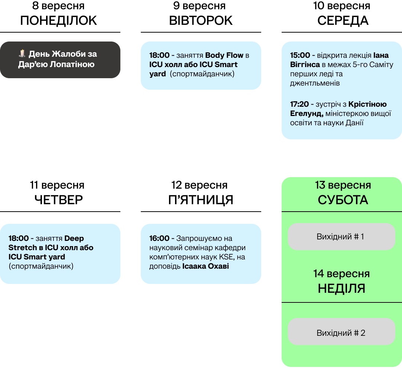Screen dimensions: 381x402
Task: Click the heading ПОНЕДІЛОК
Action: (59, 20)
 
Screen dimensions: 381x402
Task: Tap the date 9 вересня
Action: (200, 6)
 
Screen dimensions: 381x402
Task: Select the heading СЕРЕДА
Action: (343, 20)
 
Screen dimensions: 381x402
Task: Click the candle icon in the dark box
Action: (22, 54)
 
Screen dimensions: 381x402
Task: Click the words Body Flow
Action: (224, 55)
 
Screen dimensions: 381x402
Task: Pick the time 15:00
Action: (300, 55)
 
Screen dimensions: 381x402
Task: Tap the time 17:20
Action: (300, 104)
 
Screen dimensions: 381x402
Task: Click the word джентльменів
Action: (315, 83)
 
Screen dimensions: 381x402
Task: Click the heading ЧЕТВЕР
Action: (59, 200)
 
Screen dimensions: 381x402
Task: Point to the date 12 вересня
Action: (200, 185)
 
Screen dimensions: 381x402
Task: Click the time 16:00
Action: (159, 238)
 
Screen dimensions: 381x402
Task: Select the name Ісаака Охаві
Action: (205, 266)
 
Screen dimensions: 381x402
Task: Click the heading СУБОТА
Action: (343, 200)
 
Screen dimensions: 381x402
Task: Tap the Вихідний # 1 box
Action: (341, 236)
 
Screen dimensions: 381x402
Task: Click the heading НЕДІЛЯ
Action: (341, 288)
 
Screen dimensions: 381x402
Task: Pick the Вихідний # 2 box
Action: (341, 333)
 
